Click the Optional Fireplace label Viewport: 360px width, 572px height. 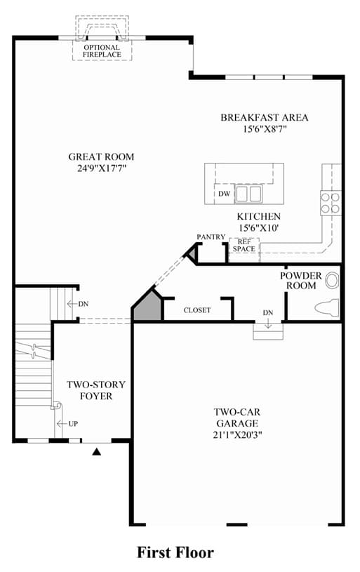[x=102, y=51]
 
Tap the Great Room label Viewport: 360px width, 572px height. [x=101, y=157]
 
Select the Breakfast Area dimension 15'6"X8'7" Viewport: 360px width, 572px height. [x=265, y=128]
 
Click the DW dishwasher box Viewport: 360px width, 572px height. [x=225, y=193]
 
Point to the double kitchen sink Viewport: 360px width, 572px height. [x=248, y=194]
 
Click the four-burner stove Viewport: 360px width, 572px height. [x=331, y=203]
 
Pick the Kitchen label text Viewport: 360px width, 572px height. [x=259, y=216]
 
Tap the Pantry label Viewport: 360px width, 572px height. [x=211, y=237]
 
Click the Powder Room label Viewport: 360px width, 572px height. [x=301, y=281]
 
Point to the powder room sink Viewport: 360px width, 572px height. [x=332, y=281]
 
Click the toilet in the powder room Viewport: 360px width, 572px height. [x=327, y=308]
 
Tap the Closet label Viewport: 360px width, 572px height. [x=197, y=310]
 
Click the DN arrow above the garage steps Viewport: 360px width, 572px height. [x=268, y=323]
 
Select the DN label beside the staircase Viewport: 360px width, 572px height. [x=84, y=304]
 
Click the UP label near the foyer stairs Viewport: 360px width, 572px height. [x=73, y=424]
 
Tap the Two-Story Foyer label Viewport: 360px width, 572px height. [x=96, y=390]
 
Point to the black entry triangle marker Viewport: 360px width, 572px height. [x=96, y=451]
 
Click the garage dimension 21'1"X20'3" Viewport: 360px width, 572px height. [x=238, y=435]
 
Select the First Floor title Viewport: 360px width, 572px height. [x=175, y=552]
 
